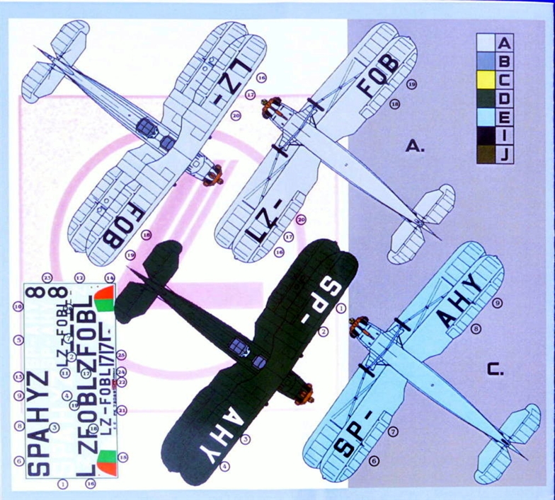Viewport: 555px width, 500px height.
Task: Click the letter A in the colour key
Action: (x=505, y=43)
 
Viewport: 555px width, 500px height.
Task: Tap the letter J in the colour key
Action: (x=505, y=154)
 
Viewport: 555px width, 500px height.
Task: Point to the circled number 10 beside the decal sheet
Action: (x=18, y=307)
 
